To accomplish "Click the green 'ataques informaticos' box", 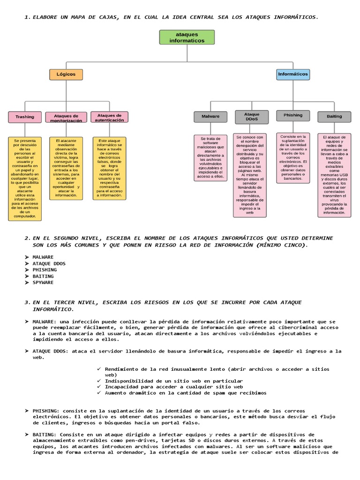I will coord(187,37).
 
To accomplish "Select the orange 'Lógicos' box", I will coord(66,74).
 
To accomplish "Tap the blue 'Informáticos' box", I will coord(293,74).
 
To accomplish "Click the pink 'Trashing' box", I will coord(25,117).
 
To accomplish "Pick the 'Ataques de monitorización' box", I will coord(66,118).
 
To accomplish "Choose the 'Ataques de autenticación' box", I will coord(109,117).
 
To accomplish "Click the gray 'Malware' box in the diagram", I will coord(210,116).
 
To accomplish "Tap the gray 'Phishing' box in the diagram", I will coord(293,115).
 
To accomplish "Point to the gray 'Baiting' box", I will coord(334,116).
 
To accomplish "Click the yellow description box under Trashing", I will coord(25,178).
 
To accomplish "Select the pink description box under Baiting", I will coord(334,175).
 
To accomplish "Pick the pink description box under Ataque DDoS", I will coord(250,175).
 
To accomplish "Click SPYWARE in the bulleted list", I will coord(43,283).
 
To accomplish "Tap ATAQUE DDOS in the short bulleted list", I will coord(49,263).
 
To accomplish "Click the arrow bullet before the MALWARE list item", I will coord(27,257).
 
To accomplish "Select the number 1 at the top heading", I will coord(26,17).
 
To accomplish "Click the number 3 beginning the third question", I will coord(26,302).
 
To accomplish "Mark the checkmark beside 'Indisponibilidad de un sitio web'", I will coord(98,381).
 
